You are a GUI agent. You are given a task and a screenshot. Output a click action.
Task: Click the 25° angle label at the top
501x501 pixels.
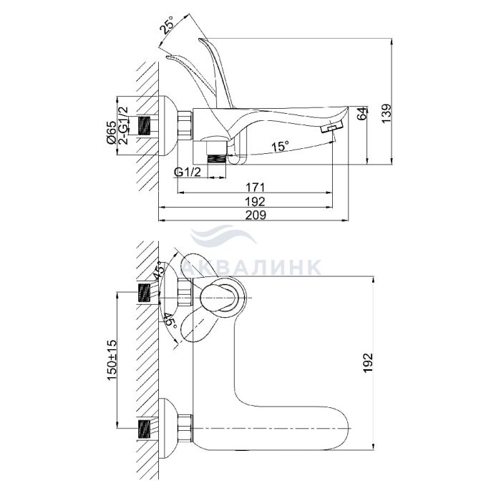click(167, 24)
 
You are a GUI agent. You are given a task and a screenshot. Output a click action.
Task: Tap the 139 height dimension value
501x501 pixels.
click(386, 113)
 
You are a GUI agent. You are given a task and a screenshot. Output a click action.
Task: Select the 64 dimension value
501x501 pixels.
click(361, 114)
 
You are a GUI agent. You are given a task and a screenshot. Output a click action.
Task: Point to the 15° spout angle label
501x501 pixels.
click(280, 146)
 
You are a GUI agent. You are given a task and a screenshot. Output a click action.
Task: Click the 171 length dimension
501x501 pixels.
click(255, 188)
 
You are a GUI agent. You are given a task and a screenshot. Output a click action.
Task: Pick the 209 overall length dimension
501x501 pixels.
click(255, 215)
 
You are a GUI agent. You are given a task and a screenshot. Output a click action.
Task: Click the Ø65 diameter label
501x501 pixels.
click(112, 132)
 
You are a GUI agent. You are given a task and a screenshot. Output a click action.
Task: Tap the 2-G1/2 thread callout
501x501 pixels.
click(123, 125)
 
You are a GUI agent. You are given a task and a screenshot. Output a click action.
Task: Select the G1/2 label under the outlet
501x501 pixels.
click(188, 172)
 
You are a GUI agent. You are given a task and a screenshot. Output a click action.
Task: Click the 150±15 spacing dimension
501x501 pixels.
click(112, 360)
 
